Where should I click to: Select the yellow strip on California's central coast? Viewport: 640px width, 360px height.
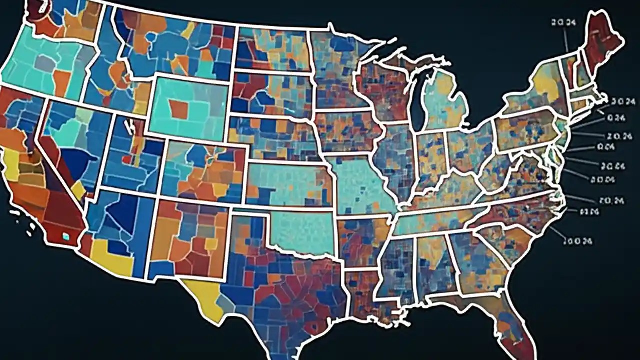tap(11, 165)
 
